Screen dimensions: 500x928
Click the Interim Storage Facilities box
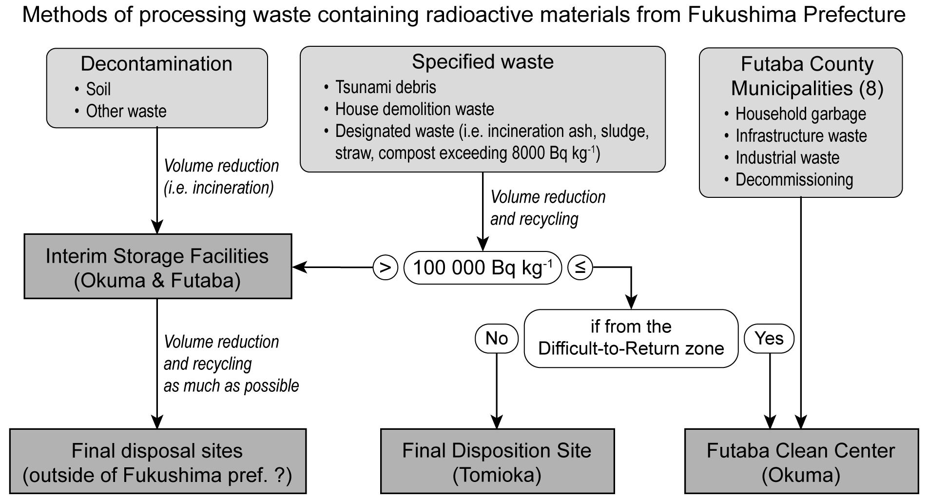(157, 267)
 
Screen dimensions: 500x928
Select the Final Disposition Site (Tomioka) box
(497, 462)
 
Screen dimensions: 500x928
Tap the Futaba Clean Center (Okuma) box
(801, 462)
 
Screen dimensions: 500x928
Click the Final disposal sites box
(157, 462)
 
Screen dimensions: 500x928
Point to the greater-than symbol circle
(386, 268)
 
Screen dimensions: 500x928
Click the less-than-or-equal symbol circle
(580, 268)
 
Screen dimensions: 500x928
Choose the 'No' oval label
(497, 338)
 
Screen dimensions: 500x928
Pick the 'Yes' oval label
(769, 338)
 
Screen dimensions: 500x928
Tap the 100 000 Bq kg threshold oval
(483, 268)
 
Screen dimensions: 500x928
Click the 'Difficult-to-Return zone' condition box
(631, 338)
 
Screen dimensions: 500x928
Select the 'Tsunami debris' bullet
(385, 87)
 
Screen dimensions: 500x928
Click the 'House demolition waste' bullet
(414, 109)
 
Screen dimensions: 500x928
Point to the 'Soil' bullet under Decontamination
(98, 89)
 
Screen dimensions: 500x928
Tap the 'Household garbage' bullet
(800, 114)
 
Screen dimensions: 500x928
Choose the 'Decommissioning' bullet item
(794, 180)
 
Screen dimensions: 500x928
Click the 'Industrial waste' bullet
(787, 158)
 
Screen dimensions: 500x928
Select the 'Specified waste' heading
(483, 62)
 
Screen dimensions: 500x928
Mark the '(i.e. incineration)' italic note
(219, 188)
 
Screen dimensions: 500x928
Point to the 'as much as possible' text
(231, 385)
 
